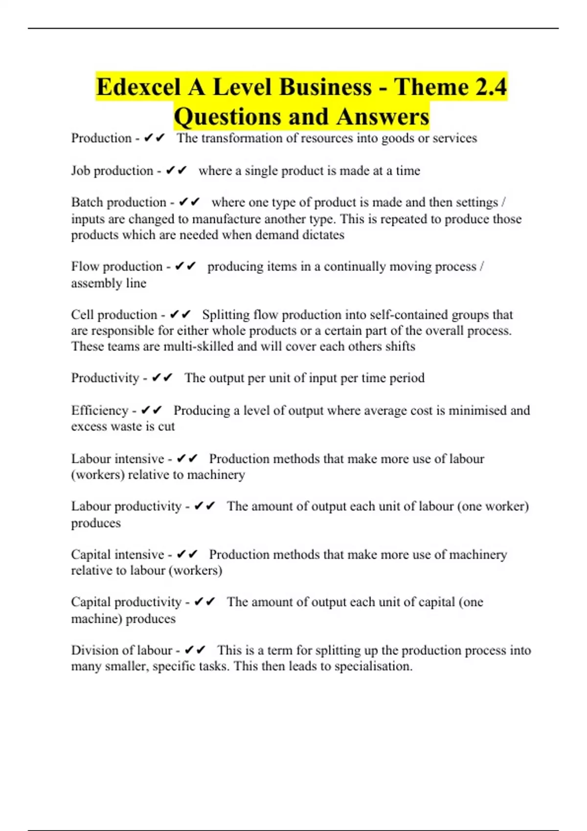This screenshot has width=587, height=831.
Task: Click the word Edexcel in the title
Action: (x=138, y=87)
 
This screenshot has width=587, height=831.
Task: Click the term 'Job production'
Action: (x=112, y=171)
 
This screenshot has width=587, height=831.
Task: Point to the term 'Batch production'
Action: (x=118, y=202)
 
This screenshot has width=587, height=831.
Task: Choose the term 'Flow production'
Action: (x=116, y=266)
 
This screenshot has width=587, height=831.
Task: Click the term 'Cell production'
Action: (x=114, y=315)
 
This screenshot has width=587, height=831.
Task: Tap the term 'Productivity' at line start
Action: (x=105, y=378)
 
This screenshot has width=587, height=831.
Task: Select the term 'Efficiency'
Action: (x=99, y=410)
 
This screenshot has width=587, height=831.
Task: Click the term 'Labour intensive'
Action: (x=117, y=459)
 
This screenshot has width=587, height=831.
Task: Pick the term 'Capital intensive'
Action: (x=117, y=554)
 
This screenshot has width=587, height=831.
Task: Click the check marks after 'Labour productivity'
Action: (x=204, y=506)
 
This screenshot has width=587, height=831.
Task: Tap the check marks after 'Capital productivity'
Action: (x=204, y=602)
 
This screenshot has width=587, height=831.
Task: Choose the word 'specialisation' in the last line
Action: (x=373, y=666)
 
